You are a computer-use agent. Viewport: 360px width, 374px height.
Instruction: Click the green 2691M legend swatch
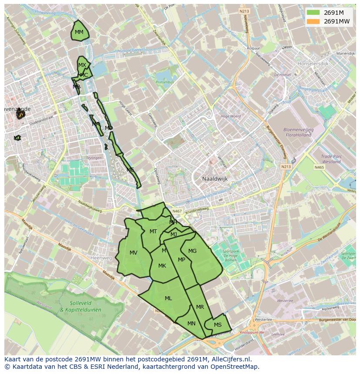coord(313,13)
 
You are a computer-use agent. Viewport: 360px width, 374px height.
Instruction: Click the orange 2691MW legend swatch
coord(313,21)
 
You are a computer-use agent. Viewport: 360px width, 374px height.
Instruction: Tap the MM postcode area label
coord(79,32)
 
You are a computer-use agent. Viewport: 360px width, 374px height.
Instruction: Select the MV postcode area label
coord(133,253)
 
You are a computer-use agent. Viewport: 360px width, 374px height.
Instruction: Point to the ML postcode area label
coord(168,298)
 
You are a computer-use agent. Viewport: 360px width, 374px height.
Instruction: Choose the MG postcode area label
coord(192,251)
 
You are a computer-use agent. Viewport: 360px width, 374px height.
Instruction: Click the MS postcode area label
coord(218,325)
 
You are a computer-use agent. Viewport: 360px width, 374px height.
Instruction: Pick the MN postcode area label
coord(191,324)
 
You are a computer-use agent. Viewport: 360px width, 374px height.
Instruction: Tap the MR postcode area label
coord(200,307)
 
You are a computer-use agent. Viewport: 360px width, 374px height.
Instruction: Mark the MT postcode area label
coord(153,232)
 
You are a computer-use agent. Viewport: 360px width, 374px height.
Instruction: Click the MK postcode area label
coord(162,266)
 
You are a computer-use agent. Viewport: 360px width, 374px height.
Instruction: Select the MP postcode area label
coord(182,260)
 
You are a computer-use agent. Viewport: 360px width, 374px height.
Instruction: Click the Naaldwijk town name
coord(215,179)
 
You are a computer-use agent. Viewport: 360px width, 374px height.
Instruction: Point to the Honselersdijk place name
coord(313,63)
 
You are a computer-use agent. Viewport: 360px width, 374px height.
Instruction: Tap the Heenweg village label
coord(101,258)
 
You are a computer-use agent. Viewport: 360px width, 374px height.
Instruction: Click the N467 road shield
coord(177,212)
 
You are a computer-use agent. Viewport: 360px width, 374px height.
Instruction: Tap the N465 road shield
coord(319,167)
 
